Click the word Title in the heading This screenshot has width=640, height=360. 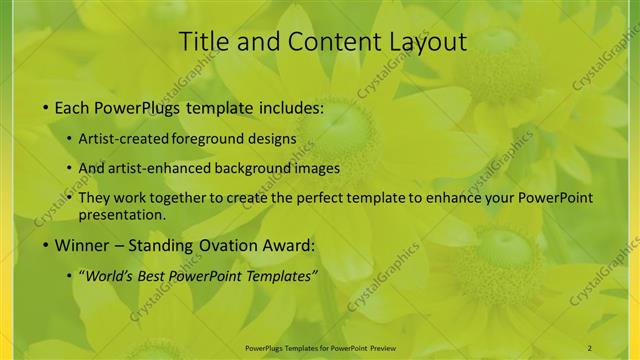coord(203,42)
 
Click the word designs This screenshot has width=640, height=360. coord(270,139)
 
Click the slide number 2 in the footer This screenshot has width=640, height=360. coord(590,347)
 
